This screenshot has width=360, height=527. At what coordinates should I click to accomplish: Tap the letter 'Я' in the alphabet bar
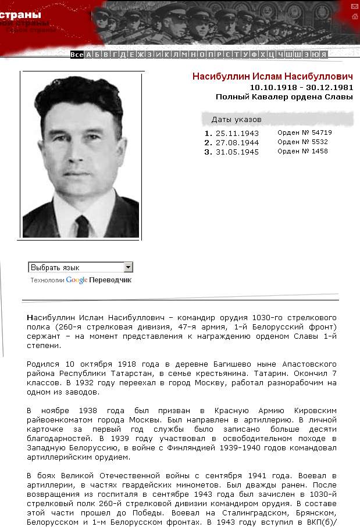point(323,55)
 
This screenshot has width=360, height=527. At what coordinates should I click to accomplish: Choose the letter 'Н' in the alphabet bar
point(193,55)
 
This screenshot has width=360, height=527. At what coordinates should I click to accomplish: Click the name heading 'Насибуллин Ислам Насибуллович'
point(273,77)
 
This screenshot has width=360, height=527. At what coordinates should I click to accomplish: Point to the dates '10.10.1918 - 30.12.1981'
point(301,87)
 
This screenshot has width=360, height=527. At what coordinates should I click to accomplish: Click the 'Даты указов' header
point(236,120)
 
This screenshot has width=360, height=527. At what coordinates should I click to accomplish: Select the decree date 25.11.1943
point(237,133)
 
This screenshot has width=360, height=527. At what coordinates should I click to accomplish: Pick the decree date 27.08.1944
point(237,142)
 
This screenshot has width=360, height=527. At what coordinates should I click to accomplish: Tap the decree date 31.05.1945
point(237,152)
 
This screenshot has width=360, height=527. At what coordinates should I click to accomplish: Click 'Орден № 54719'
point(304,132)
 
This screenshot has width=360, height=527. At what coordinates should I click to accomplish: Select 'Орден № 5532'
point(302,142)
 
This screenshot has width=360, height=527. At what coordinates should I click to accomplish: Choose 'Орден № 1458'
point(302,151)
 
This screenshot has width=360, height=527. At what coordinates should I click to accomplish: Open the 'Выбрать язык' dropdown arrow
point(129,267)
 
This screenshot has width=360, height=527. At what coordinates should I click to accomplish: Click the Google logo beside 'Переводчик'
point(77,280)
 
